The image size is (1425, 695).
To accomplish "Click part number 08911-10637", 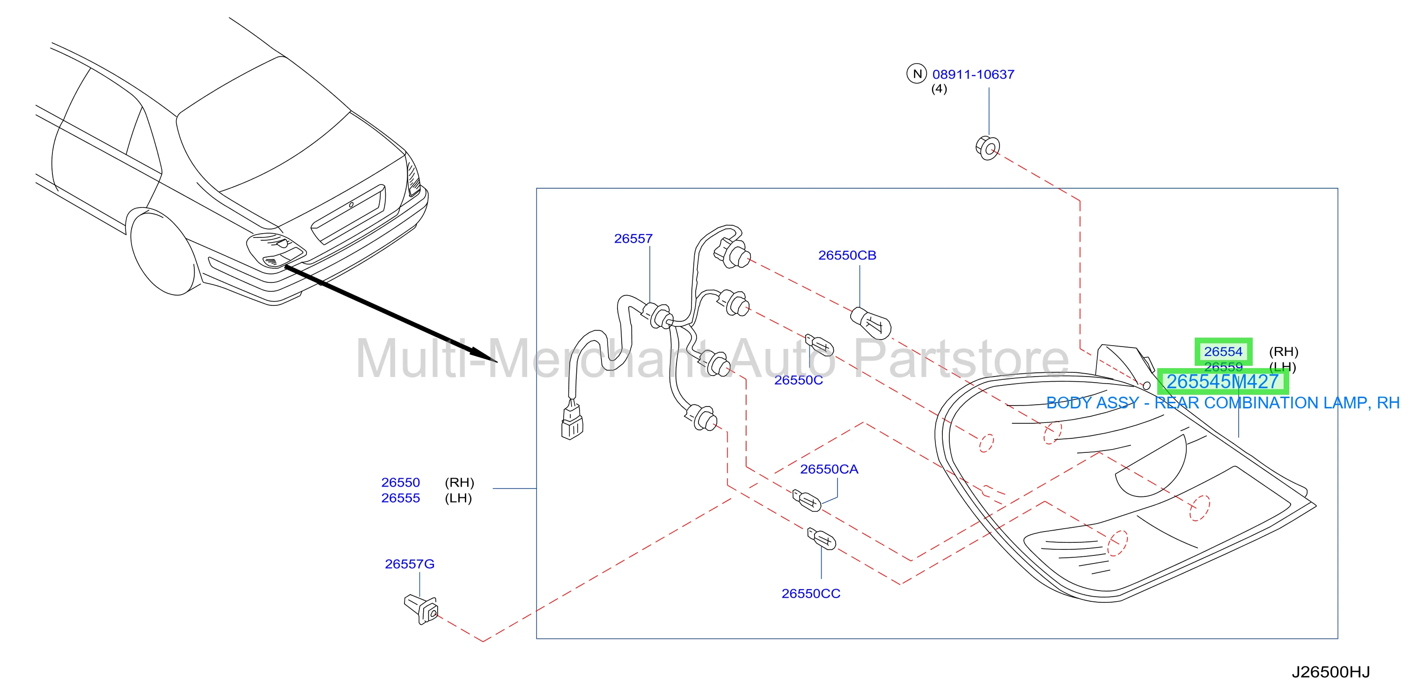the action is (973, 74).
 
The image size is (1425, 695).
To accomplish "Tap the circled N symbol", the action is (917, 74).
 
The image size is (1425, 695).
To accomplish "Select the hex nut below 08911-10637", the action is (987, 147).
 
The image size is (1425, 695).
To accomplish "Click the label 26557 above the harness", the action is (633, 238).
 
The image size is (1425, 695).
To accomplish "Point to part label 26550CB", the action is (847, 255).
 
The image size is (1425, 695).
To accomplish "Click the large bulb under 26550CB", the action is (870, 323).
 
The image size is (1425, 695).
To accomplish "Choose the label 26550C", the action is (798, 380).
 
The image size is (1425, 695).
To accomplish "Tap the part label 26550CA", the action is (829, 469).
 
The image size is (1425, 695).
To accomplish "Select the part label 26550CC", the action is (810, 593).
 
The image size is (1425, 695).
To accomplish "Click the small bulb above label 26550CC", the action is (822, 539).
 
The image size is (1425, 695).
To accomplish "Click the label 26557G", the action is (409, 564).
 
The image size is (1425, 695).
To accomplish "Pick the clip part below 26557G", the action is (421, 609).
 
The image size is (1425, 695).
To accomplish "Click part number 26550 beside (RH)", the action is (401, 482).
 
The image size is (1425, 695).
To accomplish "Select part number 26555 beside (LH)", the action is (401, 498).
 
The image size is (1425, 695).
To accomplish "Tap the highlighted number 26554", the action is (1223, 352).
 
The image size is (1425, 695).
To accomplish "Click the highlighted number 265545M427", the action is (1223, 382).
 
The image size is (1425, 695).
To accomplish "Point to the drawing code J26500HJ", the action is (1330, 673).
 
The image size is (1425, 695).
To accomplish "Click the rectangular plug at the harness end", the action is (572, 423).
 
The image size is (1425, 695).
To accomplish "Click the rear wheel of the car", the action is (164, 252).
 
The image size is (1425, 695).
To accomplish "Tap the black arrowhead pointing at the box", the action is (484, 355).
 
